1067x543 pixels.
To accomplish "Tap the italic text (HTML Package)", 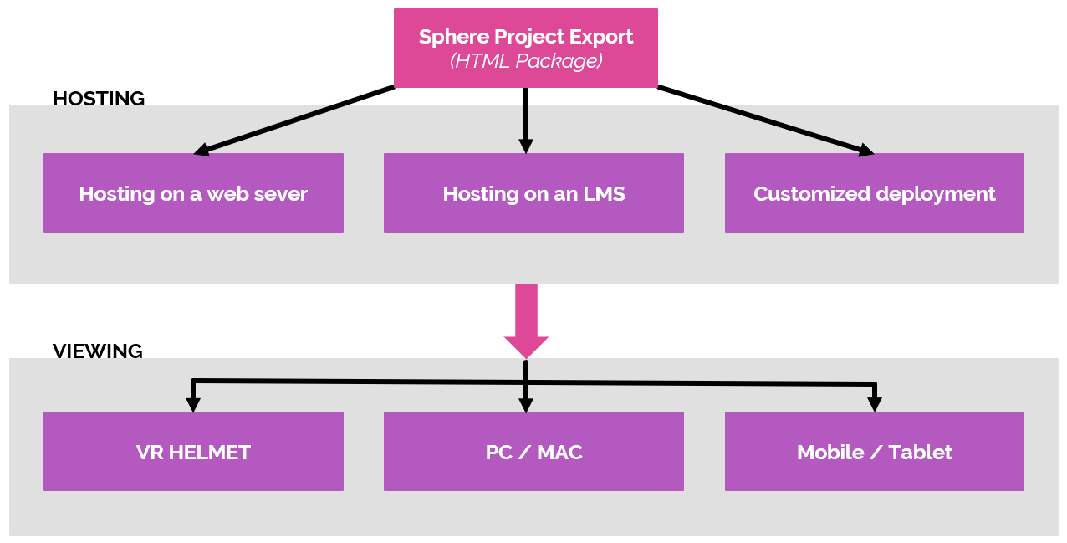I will tap(526, 61).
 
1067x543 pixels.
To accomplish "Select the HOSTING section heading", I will tap(99, 99).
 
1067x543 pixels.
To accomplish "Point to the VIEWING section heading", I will tap(98, 351).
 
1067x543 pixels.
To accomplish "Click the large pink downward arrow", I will tap(526, 322).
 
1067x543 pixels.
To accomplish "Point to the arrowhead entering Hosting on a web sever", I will tap(202, 151).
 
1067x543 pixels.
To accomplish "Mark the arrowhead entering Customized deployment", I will tap(865, 151).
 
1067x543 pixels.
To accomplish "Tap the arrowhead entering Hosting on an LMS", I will tap(526, 146).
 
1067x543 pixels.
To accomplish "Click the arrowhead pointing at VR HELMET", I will tap(193, 405).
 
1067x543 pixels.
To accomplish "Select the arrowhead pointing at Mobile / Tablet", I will tap(875, 405).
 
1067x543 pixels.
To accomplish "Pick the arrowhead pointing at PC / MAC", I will tap(526, 405).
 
